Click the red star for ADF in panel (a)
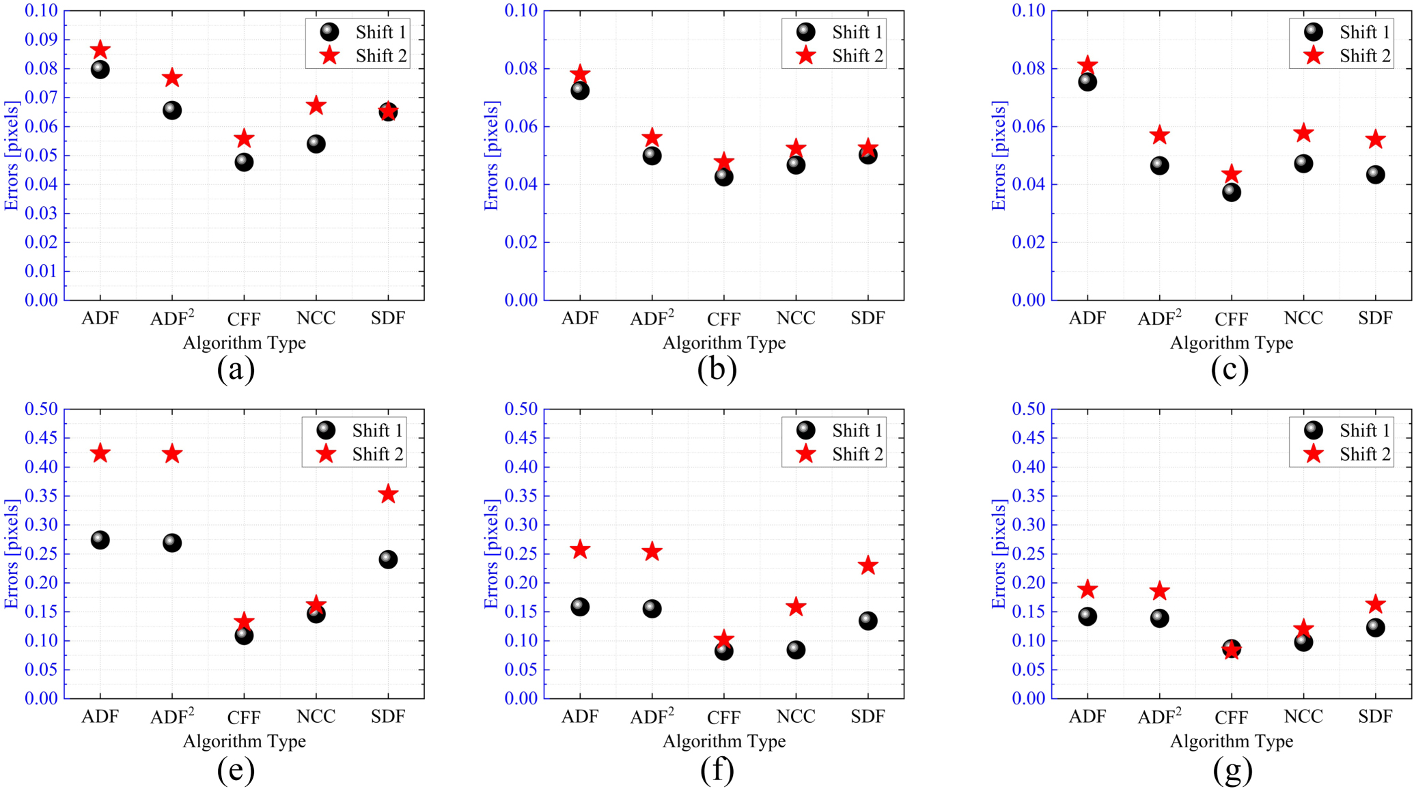[100, 50]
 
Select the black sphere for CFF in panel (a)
[244, 162]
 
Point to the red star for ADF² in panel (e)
[172, 454]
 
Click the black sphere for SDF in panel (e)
[388, 560]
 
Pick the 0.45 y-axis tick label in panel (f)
[521, 438]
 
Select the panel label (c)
[1230, 369]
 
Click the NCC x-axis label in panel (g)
[1303, 717]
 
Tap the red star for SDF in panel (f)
[868, 566]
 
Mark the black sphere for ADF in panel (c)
[1087, 83]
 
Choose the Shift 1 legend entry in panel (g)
[1347, 431]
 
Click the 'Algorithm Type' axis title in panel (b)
[723, 343]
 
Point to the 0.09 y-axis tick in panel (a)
[41, 40]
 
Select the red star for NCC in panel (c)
[1303, 133]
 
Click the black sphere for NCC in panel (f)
[795, 650]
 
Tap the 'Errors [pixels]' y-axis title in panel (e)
[11, 554]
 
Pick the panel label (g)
[1232, 770]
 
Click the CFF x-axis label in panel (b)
[723, 319]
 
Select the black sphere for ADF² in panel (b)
[652, 156]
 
